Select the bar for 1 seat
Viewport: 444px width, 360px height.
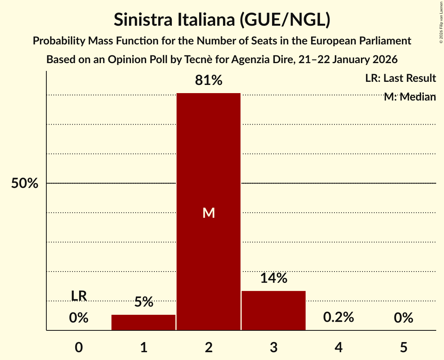(x=143, y=322)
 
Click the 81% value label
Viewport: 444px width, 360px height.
(x=209, y=81)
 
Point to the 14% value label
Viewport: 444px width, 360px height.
(x=273, y=278)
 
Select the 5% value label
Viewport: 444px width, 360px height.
(x=143, y=302)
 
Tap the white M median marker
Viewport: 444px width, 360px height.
(x=209, y=213)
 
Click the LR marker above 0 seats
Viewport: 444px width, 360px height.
(x=79, y=296)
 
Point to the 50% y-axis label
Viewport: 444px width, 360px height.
(x=25, y=184)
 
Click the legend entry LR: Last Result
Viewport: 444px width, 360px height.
(x=400, y=78)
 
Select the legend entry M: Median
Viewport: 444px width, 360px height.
(x=409, y=97)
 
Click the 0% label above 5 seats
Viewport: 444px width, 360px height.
(x=403, y=318)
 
